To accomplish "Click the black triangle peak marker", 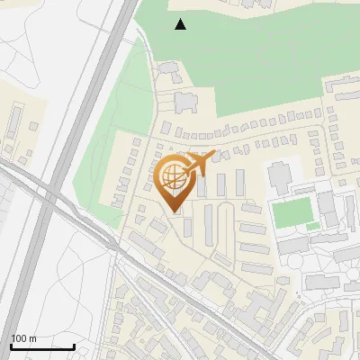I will [181, 24].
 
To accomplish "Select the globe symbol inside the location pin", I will [171, 177].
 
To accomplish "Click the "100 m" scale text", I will [23, 338].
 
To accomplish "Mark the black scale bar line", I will [42, 346].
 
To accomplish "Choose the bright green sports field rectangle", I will [292, 213].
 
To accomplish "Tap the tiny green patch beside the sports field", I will [312, 226].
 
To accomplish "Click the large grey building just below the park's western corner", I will [185, 102].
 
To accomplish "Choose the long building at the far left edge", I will [13, 126].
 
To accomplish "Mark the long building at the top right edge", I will [345, 90].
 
